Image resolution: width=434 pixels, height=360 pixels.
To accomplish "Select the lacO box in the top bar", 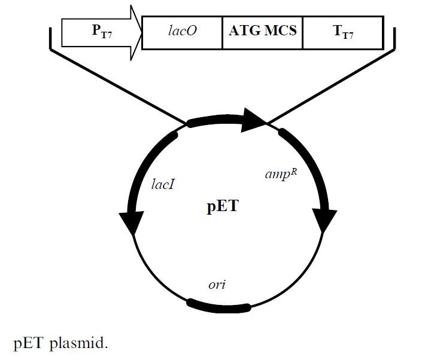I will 182,31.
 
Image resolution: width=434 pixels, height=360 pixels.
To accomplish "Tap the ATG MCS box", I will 263,31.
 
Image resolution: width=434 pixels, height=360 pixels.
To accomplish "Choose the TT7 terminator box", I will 343,32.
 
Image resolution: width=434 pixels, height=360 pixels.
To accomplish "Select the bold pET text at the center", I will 223,208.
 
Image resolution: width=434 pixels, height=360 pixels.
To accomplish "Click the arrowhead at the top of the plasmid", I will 253,121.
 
